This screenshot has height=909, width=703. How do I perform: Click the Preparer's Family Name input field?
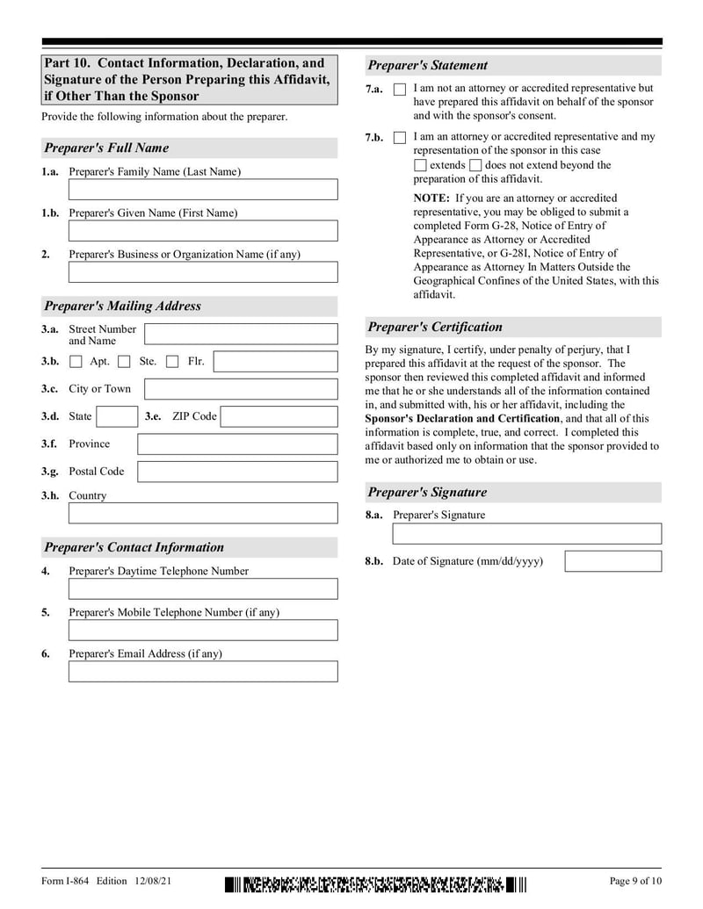pos(202,190)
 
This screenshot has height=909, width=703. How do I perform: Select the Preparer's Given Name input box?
pos(202,231)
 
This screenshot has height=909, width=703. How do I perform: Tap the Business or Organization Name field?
pos(202,272)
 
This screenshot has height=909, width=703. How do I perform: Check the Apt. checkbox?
pos(76,362)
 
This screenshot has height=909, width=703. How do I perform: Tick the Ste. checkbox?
pos(124,362)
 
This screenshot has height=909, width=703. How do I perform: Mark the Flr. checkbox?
pos(172,362)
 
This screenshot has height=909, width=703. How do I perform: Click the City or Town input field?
pos(240,389)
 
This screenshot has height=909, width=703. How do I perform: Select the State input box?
pos(116,416)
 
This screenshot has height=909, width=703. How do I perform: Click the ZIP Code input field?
pos(278,416)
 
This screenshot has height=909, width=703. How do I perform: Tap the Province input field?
pos(236,444)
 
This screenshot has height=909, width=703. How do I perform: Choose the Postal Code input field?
pos(236,472)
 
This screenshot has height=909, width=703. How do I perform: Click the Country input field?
pos(202,513)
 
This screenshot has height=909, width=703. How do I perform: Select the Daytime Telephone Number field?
pos(202,588)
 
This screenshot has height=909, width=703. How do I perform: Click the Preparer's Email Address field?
pos(202,672)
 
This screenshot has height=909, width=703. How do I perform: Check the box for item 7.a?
pos(400,90)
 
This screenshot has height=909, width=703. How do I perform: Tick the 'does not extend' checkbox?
pos(475,165)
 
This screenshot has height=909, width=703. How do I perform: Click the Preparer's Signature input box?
pos(526,533)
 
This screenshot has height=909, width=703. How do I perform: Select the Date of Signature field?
pos(612,561)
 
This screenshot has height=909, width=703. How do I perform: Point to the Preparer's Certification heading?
pos(435,328)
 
